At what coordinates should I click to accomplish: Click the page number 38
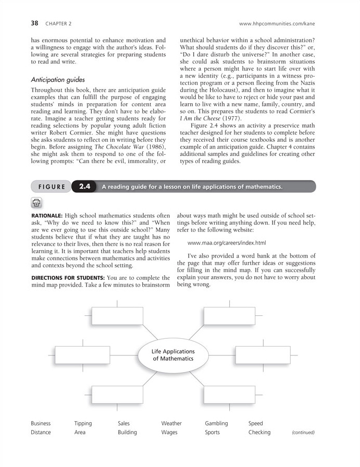tap(35, 23)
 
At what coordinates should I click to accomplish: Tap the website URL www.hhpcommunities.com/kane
tap(277, 23)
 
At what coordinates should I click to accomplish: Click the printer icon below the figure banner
tap(37, 202)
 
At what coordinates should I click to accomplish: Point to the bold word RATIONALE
tap(47, 214)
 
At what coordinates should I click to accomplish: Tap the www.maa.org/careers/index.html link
tap(227, 242)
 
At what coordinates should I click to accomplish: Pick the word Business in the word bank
tap(42, 423)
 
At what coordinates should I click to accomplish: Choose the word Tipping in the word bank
tap(83, 423)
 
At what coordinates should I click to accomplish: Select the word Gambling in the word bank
tap(217, 423)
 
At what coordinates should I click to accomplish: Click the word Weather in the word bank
tap(171, 423)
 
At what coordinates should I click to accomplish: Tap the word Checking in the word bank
tap(259, 432)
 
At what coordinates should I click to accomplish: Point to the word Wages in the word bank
tap(169, 432)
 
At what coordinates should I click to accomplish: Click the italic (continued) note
tap(303, 432)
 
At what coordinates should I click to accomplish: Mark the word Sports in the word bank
tap(212, 432)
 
